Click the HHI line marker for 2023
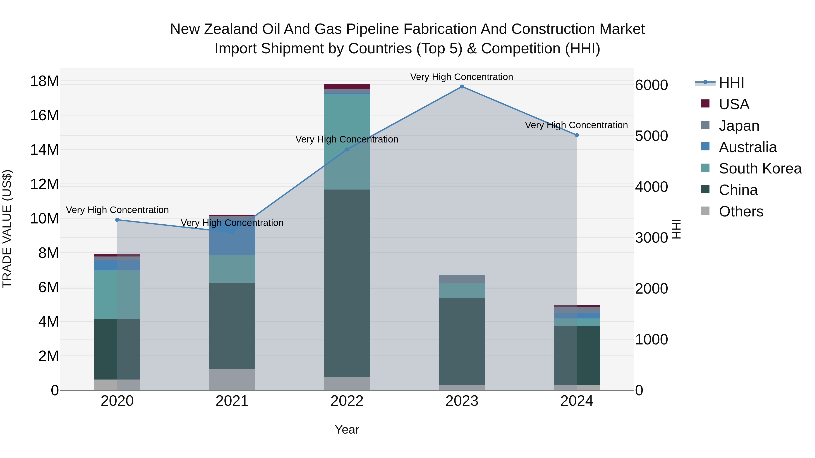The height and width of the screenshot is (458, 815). pyautogui.click(x=462, y=87)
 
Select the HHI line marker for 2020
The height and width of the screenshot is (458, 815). pyautogui.click(x=117, y=220)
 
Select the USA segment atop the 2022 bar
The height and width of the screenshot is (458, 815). pyautogui.click(x=347, y=86)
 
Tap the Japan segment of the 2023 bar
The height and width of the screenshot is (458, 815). pyautogui.click(x=462, y=279)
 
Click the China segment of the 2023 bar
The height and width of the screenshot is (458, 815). pyautogui.click(x=462, y=341)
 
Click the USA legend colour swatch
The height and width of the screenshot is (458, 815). pyautogui.click(x=705, y=103)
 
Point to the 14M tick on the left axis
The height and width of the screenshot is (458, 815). pyautogui.click(x=44, y=150)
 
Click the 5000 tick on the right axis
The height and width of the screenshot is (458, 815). pyautogui.click(x=651, y=136)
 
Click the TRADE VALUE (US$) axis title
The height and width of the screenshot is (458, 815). pyautogui.click(x=7, y=229)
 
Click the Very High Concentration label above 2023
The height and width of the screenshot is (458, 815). pyautogui.click(x=462, y=77)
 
